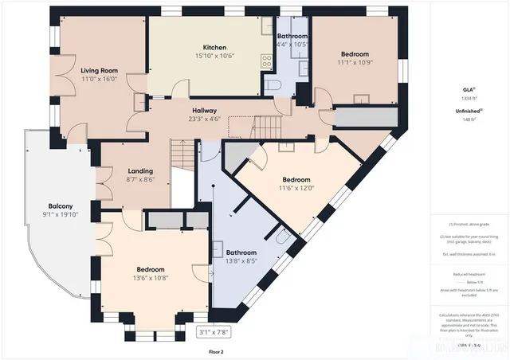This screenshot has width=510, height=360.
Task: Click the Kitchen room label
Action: click(215, 47)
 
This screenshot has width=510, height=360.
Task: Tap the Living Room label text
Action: click(99, 70)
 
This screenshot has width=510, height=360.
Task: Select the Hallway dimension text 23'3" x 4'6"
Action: click(204, 120)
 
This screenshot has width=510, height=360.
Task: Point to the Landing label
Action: click(139, 170)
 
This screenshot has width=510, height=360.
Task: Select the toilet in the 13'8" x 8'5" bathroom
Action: click(281, 236)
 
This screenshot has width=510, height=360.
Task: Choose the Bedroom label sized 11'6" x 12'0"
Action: click(296, 179)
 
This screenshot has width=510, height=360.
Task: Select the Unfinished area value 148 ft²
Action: click(469, 119)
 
